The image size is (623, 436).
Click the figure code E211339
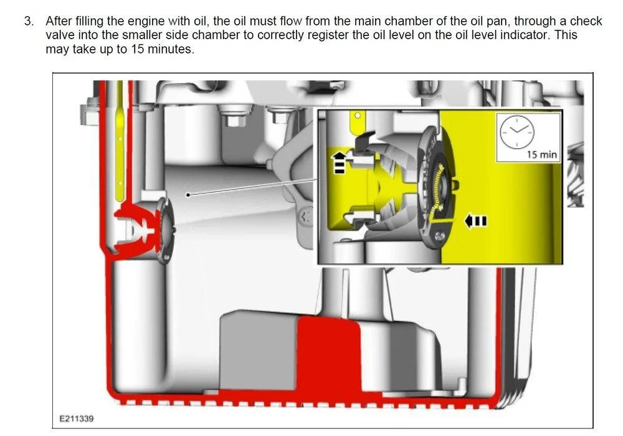[x=76, y=419]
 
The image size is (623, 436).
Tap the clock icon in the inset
[x=516, y=132]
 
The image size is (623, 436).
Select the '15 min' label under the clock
[x=542, y=154]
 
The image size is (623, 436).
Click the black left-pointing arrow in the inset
[x=475, y=221]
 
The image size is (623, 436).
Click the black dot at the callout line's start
[x=188, y=195]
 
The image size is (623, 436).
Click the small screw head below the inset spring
[x=439, y=236]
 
